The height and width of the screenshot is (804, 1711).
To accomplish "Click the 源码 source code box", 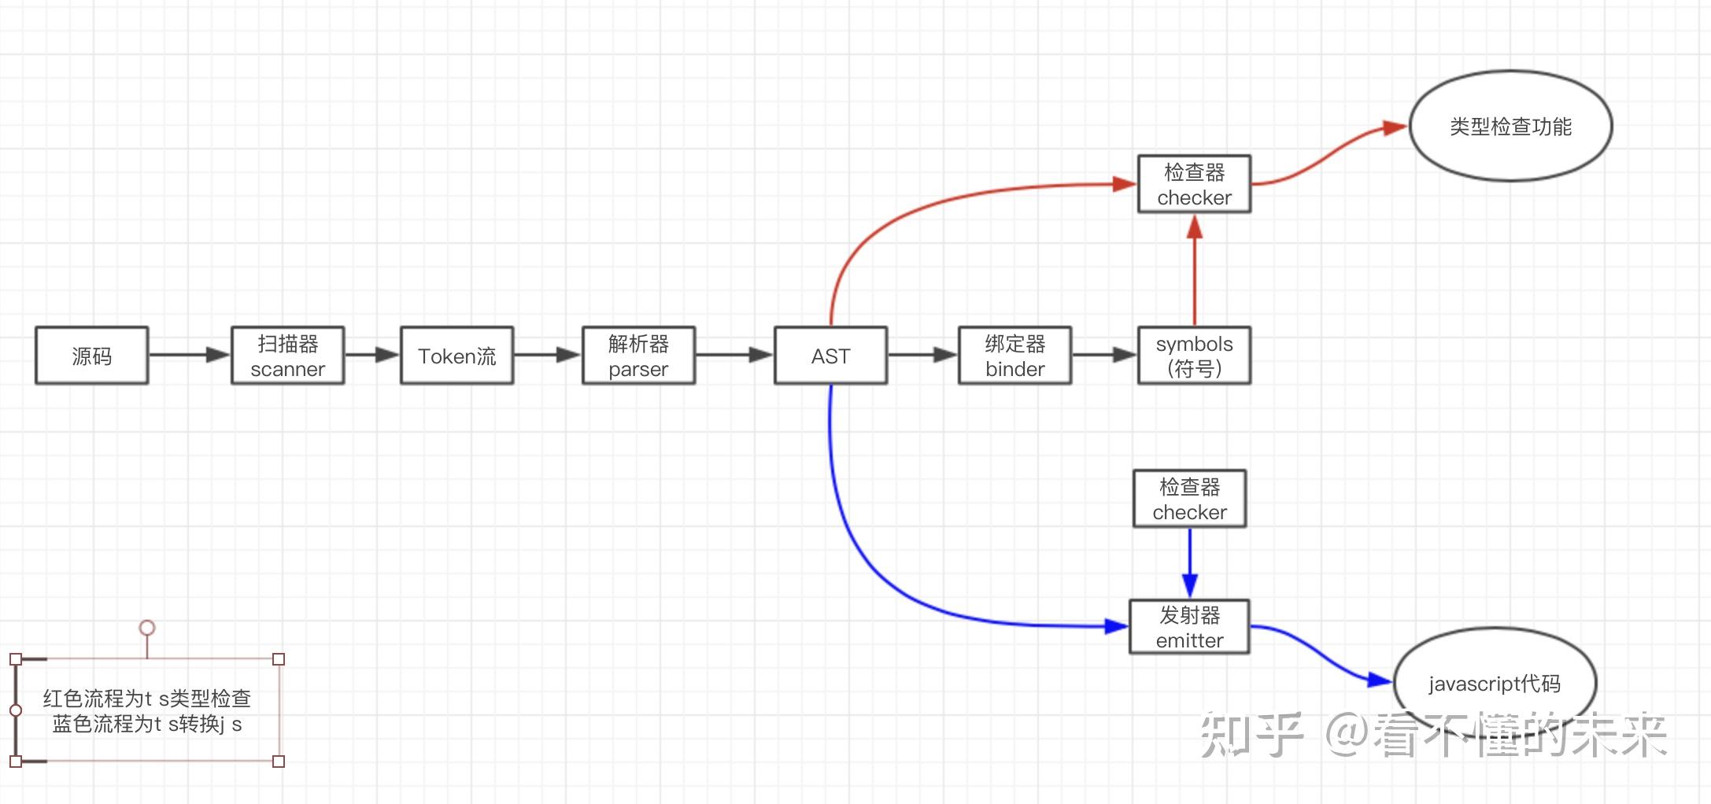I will click(91, 356).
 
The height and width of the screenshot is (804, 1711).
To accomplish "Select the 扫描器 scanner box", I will click(287, 356).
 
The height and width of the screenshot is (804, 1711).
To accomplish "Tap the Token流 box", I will click(456, 356).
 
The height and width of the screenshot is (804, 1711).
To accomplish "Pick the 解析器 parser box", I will click(638, 356).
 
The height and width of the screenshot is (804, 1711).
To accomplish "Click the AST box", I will click(830, 356).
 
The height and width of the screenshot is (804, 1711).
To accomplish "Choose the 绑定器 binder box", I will click(1014, 356).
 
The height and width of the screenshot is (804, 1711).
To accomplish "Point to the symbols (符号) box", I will click(1194, 356).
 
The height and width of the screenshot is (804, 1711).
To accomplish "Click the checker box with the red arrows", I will click(1194, 184).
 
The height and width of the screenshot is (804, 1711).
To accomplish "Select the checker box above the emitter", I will click(1189, 499).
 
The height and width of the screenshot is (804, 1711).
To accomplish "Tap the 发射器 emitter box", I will click(1189, 627).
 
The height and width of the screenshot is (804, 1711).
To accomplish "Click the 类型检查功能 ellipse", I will click(1510, 126).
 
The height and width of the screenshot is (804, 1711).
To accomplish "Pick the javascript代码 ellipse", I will click(1495, 683).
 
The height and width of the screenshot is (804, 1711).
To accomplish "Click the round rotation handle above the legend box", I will click(147, 628).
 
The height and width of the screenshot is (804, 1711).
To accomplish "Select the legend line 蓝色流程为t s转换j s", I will click(147, 724).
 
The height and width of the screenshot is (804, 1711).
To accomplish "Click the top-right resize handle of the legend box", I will click(279, 659).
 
